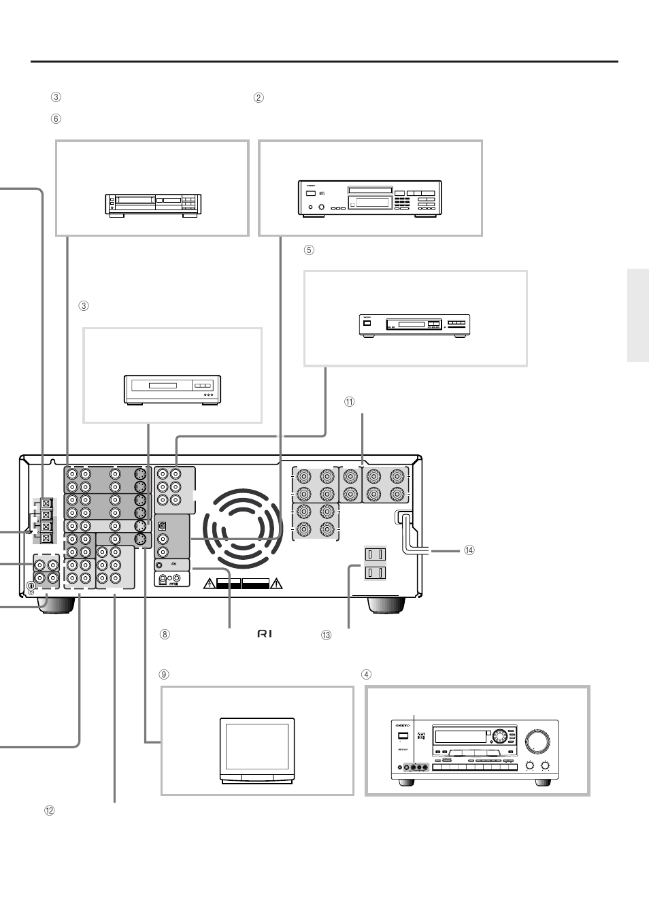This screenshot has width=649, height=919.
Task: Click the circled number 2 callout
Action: click(259, 97)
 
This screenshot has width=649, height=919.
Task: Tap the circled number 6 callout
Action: click(56, 118)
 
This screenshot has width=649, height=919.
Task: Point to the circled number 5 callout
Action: click(309, 250)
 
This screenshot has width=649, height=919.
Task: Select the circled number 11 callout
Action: click(349, 402)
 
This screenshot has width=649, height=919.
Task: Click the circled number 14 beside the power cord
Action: click(469, 550)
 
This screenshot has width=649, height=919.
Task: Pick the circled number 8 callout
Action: click(164, 635)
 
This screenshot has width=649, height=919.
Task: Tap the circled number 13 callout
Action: click(326, 635)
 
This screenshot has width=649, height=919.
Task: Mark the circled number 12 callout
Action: click(49, 810)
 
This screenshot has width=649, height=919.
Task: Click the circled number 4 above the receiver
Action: click(366, 675)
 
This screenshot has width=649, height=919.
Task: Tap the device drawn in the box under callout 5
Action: click(415, 325)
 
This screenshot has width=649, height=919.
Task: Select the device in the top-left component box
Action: click(152, 205)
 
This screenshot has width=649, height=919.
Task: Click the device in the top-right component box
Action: click(370, 199)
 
